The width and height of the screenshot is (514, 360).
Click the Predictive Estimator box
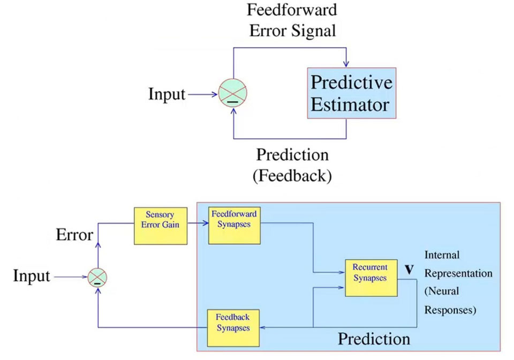[351, 93]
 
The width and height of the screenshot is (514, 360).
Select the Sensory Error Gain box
[160, 226]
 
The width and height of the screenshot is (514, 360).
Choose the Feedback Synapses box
[233, 327]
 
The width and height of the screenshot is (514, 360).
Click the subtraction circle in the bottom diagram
[97, 277]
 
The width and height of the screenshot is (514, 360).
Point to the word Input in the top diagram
[167, 95]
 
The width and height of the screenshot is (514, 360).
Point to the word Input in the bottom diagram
[32, 276]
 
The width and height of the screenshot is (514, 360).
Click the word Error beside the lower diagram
[74, 235]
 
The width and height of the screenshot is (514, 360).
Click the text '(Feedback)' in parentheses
[292, 175]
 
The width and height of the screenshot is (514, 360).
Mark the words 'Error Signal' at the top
[292, 31]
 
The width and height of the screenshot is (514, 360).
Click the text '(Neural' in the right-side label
[440, 292]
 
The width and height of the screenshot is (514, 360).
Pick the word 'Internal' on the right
[442, 255]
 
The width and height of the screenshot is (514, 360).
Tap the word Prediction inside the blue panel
[374, 339]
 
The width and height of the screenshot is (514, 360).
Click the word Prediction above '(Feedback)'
[292, 155]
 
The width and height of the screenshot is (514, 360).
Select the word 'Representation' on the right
[458, 273]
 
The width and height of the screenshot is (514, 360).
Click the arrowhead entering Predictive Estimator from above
[346, 65]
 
